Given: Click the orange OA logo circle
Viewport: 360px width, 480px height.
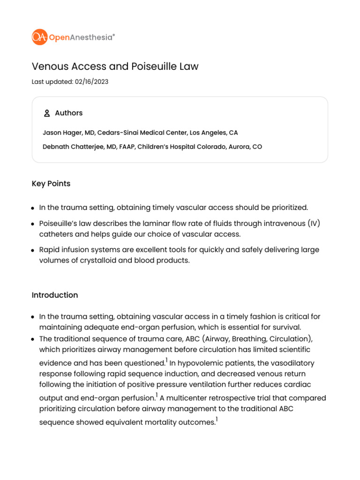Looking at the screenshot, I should tap(39, 37).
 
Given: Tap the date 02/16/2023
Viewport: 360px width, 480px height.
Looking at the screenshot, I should tap(91, 82).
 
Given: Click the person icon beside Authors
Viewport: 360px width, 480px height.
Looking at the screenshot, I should tap(47, 113).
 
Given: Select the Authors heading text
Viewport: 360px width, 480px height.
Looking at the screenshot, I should tap(68, 113).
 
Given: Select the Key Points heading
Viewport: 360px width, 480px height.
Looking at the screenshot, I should tap(51, 184).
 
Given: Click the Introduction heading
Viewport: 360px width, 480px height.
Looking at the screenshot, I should tap(55, 295).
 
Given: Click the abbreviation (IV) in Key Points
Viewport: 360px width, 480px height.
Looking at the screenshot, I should tap(314, 223).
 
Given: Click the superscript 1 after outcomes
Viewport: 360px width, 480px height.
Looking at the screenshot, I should tap(217, 420).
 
